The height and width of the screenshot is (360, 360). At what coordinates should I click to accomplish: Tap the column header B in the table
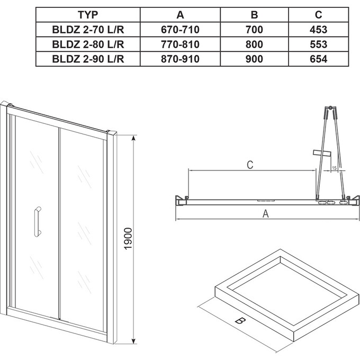tap(255, 15)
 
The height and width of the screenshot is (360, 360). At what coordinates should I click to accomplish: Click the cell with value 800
tap(255, 44)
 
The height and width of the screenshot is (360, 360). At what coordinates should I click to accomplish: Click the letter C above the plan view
tap(250, 165)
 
